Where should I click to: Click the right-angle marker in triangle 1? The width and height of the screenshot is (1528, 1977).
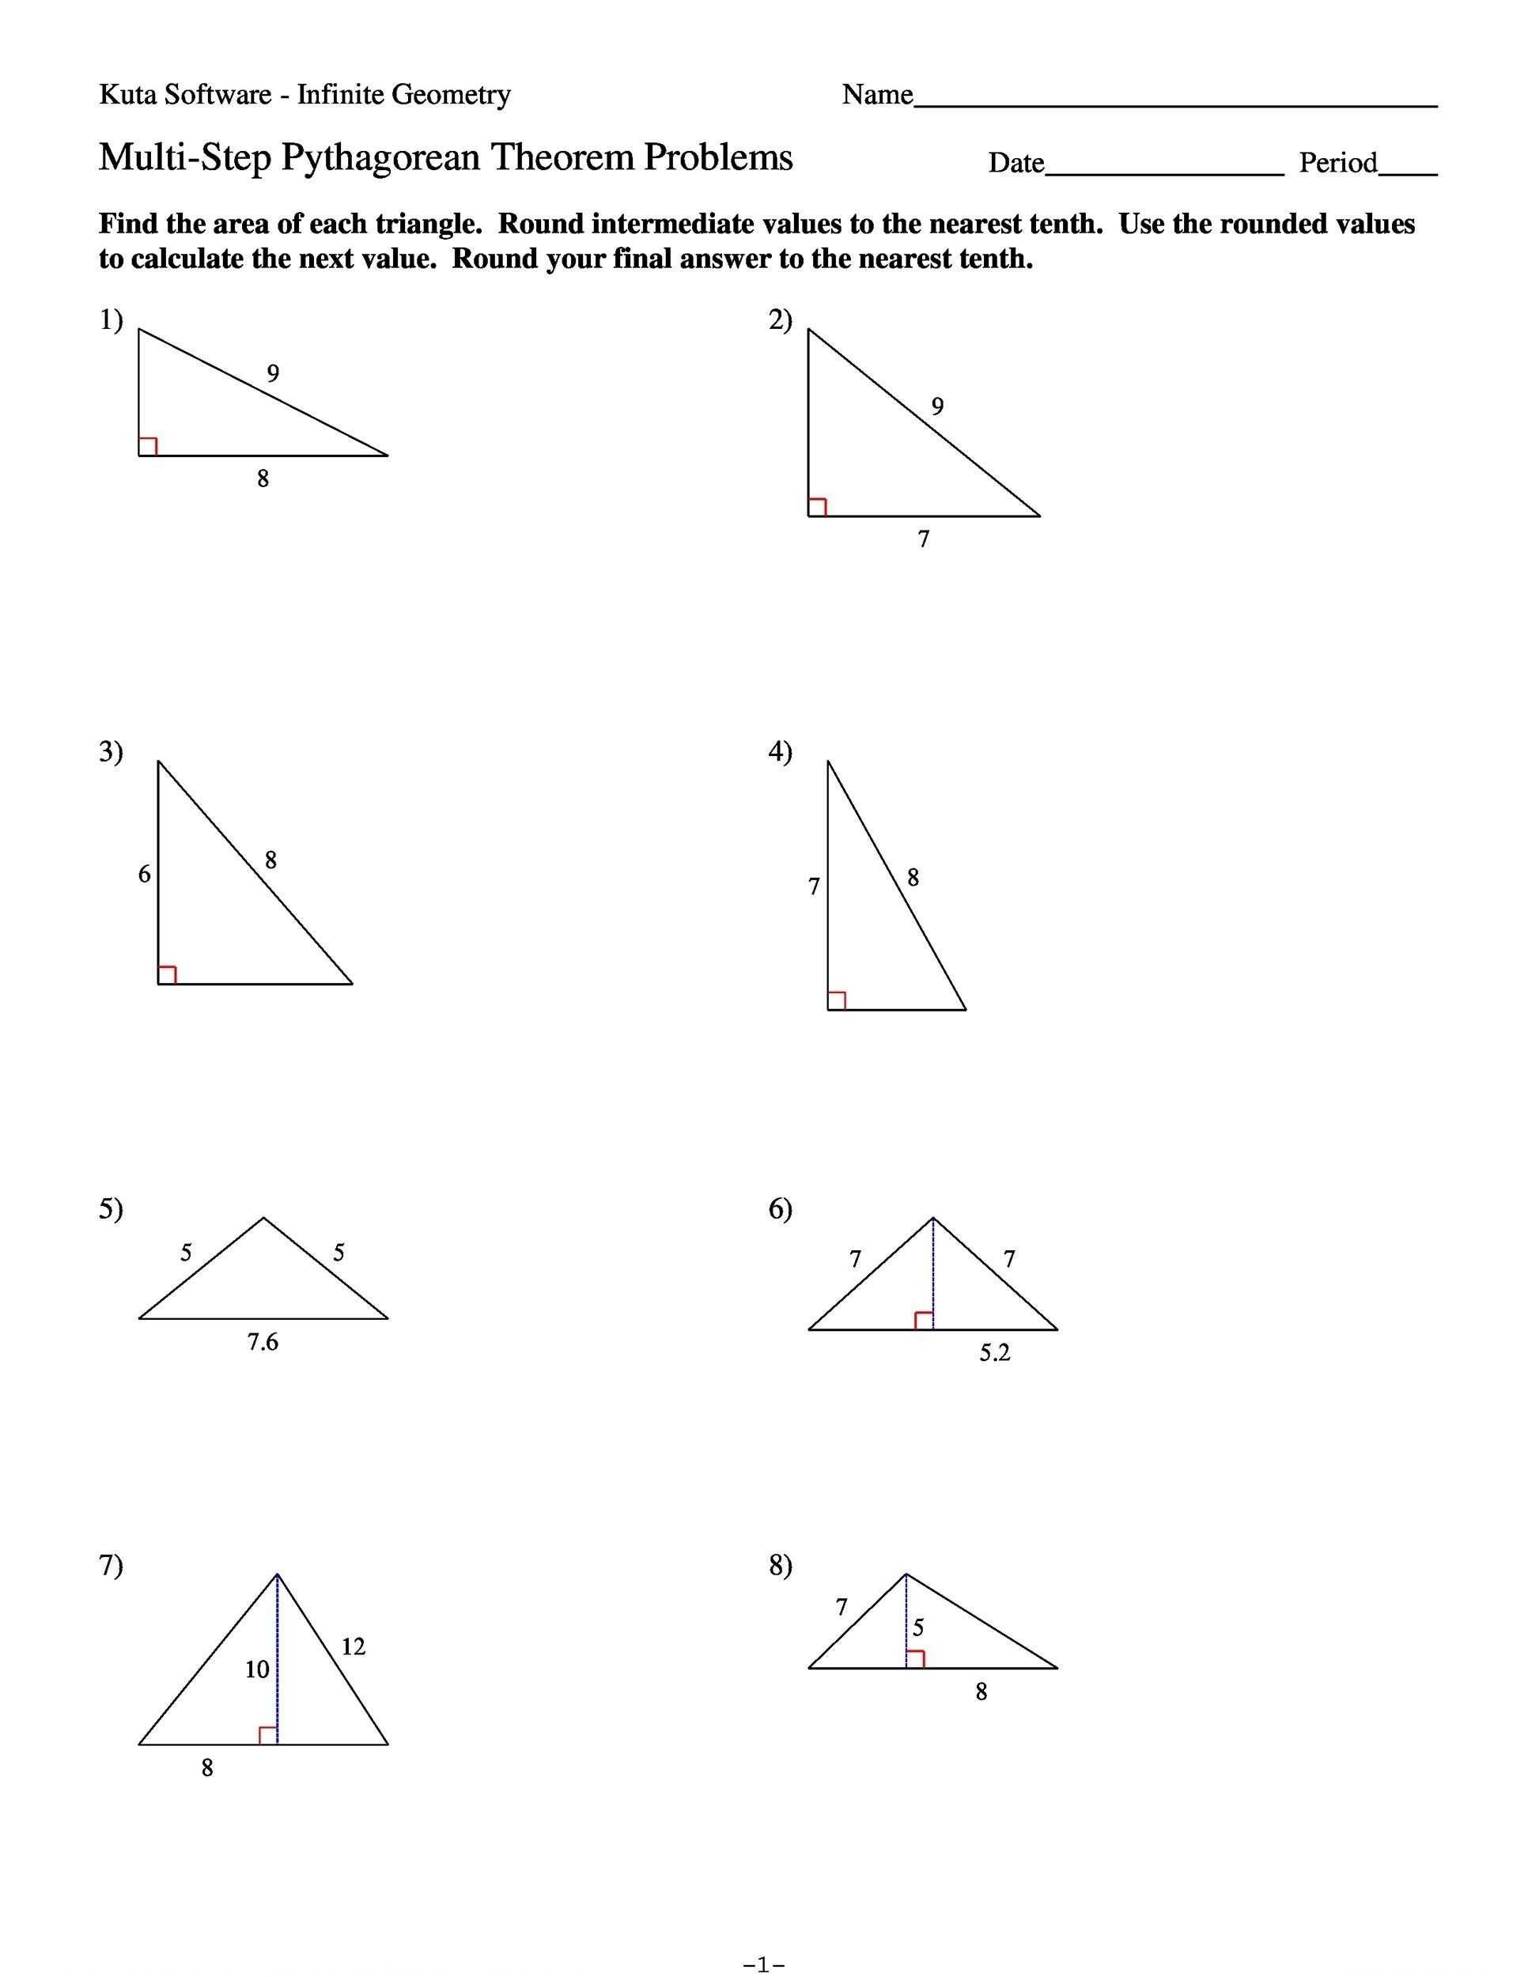[149, 446]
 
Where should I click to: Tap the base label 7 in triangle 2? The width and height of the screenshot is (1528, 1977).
[923, 539]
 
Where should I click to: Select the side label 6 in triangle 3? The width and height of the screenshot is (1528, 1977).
[144, 875]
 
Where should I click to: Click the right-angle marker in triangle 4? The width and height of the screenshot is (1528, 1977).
[838, 1000]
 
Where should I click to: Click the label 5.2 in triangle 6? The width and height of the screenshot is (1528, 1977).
[994, 1353]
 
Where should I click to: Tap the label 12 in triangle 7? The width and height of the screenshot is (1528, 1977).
[353, 1647]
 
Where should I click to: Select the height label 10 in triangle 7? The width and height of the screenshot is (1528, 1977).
[257, 1669]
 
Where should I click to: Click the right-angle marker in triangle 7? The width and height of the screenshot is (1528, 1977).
[268, 1735]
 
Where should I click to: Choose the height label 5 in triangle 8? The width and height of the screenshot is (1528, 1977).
[918, 1628]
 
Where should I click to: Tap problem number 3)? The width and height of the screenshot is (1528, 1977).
[111, 751]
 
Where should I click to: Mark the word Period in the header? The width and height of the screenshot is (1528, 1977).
[1338, 163]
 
